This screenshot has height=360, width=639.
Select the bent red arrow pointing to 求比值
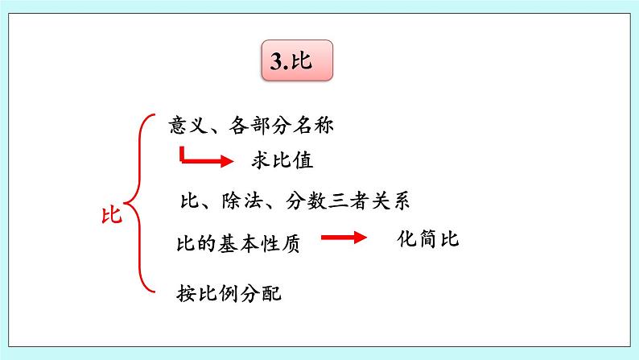[x=204, y=157]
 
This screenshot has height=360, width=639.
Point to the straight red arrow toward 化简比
[x=344, y=238]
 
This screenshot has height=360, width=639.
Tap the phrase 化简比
[x=427, y=239]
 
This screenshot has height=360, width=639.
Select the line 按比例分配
[x=230, y=293]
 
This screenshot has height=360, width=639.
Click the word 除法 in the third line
[x=237, y=201]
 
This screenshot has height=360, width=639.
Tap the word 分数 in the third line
[x=306, y=201]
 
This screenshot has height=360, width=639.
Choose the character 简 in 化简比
[x=427, y=239]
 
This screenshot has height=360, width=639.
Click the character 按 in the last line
[x=187, y=293]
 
